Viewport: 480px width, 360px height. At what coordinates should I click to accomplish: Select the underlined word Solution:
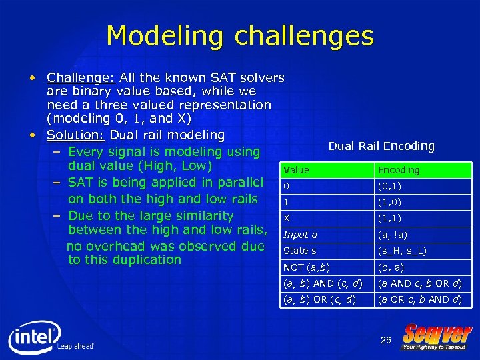[x=70, y=135]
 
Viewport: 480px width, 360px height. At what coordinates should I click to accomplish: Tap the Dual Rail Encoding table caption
[x=381, y=146]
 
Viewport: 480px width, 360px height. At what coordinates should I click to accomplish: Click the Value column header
[x=297, y=170]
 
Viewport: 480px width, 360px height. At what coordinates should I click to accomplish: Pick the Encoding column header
[x=399, y=170]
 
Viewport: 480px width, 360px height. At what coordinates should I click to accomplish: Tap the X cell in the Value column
[x=287, y=218]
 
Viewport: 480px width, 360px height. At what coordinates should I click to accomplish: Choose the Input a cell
[x=300, y=235]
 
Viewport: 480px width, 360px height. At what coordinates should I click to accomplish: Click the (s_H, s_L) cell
[x=402, y=251]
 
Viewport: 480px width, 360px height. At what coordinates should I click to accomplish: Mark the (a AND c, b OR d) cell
[x=420, y=283]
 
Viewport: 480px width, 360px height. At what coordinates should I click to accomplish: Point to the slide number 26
[x=385, y=341]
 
